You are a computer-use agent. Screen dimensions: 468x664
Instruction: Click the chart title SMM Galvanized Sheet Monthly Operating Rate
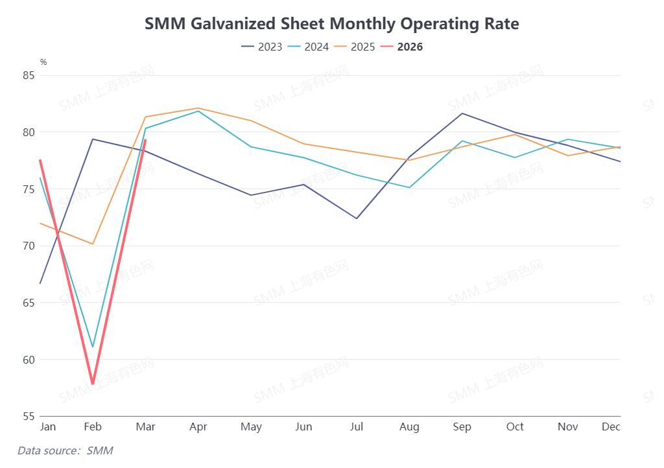(x=331, y=24)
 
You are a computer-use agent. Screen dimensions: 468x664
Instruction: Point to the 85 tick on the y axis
(x=28, y=75)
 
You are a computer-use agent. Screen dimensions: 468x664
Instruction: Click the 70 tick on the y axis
(x=28, y=246)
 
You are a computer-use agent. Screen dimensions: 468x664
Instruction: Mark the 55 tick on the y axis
(x=28, y=416)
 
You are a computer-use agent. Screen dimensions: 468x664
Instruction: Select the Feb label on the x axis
(x=93, y=427)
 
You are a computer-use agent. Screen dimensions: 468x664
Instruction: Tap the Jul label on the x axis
(x=357, y=427)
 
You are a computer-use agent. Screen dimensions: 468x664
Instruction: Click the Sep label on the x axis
(x=462, y=427)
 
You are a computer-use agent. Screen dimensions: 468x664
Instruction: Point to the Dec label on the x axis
(x=611, y=427)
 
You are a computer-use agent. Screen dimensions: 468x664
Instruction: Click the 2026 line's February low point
(x=93, y=384)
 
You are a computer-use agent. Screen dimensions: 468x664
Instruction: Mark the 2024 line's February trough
(x=93, y=347)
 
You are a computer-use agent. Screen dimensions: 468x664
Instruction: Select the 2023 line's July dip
(x=357, y=218)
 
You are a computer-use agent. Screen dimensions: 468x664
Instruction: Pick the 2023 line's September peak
(x=462, y=113)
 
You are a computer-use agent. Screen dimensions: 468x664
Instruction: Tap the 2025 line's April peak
(x=198, y=108)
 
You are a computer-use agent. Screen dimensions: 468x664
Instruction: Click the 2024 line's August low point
(x=409, y=187)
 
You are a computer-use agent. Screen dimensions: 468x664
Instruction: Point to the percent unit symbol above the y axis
(x=43, y=62)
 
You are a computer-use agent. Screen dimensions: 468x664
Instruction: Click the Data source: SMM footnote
(x=65, y=450)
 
